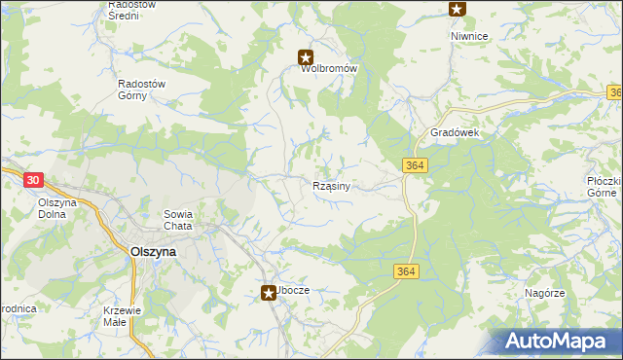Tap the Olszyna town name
[153, 250]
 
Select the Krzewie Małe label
[126, 316]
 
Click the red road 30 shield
[34, 180]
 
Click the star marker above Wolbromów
[306, 57]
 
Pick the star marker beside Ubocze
[268, 292]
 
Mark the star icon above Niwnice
[457, 9]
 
